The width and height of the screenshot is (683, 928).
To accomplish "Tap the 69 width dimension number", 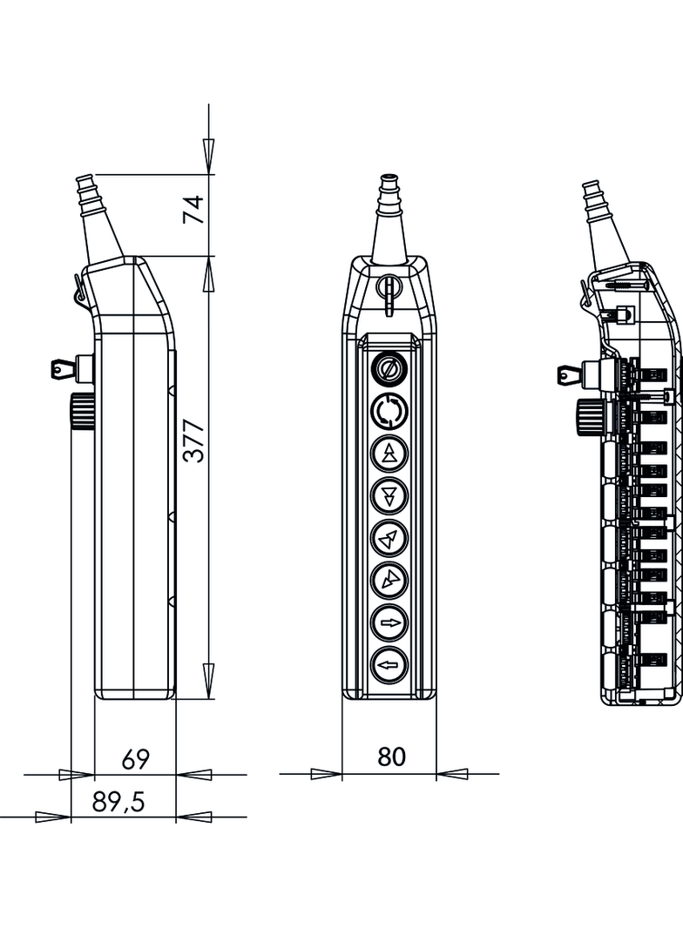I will [x=135, y=759].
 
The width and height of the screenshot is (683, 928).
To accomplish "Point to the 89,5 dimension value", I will [x=118, y=803].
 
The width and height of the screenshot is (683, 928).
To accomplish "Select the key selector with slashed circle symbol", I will [x=389, y=368].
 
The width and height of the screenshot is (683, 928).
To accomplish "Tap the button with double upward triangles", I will [x=389, y=453].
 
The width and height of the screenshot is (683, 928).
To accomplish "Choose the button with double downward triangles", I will [x=389, y=496].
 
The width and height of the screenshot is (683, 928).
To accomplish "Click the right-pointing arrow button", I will [x=389, y=623].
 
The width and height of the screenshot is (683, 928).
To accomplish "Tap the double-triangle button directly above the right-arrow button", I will [x=389, y=581].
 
